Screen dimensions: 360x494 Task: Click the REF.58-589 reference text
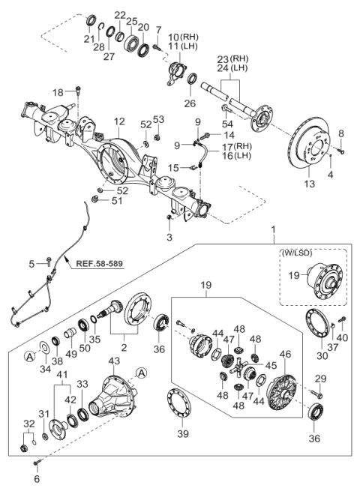point(99,263)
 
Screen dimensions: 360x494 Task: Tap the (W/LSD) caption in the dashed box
point(297,253)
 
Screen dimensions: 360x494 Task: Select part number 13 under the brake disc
point(310,183)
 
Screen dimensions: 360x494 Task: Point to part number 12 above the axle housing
point(119,121)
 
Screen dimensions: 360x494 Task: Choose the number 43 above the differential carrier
point(114,361)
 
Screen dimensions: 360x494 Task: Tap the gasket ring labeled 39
point(179,404)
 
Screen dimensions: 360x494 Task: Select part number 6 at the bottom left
point(37,479)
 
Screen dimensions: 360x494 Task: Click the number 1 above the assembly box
point(273,229)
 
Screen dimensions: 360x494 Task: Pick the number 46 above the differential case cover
point(285,354)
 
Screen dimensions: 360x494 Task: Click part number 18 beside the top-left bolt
point(58,92)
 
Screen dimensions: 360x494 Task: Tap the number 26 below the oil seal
point(190,103)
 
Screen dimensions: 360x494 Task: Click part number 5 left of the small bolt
point(31,264)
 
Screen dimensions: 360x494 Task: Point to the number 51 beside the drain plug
point(117,201)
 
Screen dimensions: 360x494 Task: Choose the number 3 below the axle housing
point(169,237)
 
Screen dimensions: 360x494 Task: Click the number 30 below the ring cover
point(322,356)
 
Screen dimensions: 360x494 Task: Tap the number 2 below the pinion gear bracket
point(124,348)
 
